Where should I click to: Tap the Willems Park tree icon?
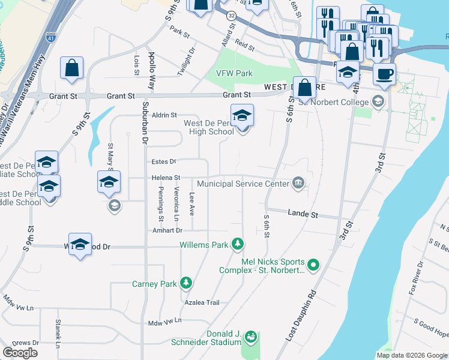(238, 244)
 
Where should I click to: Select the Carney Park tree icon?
(186, 283)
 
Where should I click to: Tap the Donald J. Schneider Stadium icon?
(252, 338)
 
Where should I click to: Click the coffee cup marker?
(384, 74)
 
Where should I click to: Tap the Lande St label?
(303, 214)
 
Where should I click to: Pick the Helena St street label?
(166, 178)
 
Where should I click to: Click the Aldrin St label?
(164, 115)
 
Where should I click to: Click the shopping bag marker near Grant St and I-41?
(72, 68)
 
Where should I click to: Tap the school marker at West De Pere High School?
(242, 115)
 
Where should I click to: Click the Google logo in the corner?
(20, 353)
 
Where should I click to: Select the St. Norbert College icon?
(377, 100)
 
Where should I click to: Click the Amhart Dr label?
(167, 230)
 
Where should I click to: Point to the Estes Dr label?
(163, 161)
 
